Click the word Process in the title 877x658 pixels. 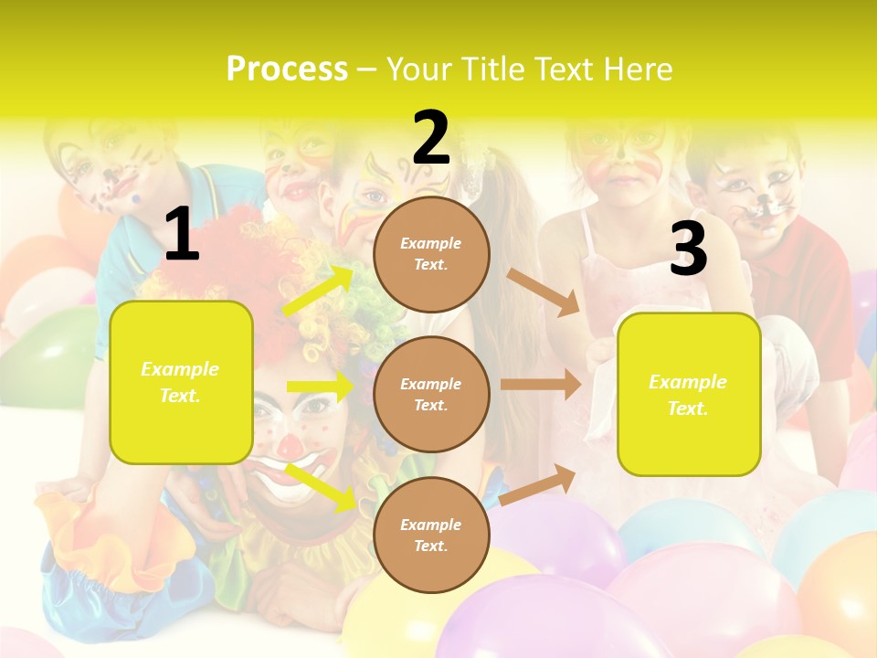point(287,69)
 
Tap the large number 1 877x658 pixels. point(181,235)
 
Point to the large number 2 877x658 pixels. point(431,138)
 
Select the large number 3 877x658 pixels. point(688,249)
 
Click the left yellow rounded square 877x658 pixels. point(181,382)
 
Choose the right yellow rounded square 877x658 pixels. point(689,395)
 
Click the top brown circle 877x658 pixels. point(431,254)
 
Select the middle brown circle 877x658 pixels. point(431,394)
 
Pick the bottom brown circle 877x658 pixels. point(431,535)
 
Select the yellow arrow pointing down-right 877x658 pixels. point(321,486)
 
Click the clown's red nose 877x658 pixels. point(290,447)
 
